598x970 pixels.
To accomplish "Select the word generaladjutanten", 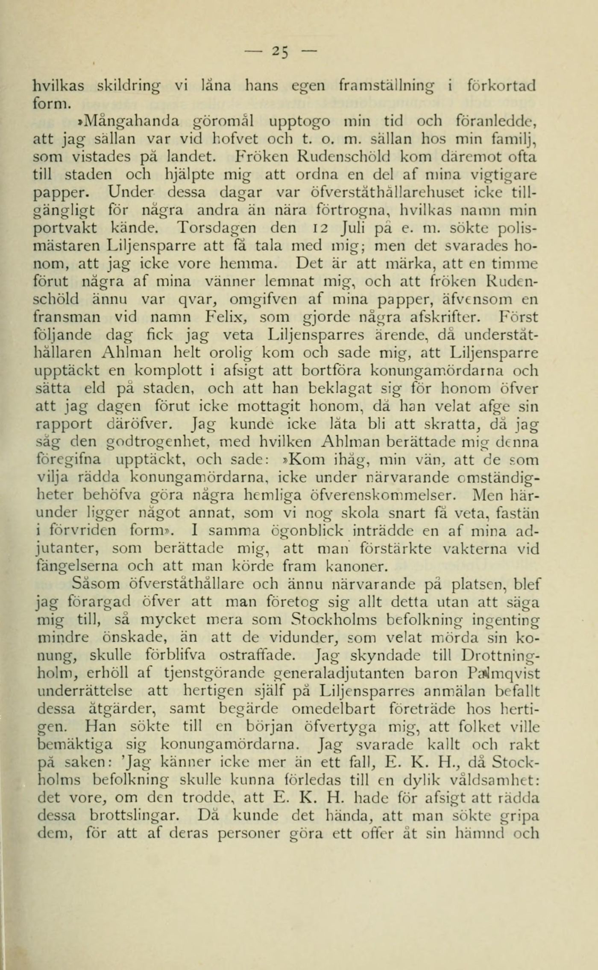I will pyautogui.click(x=340, y=673).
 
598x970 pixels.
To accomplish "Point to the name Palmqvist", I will pyautogui.click(x=504, y=673).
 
